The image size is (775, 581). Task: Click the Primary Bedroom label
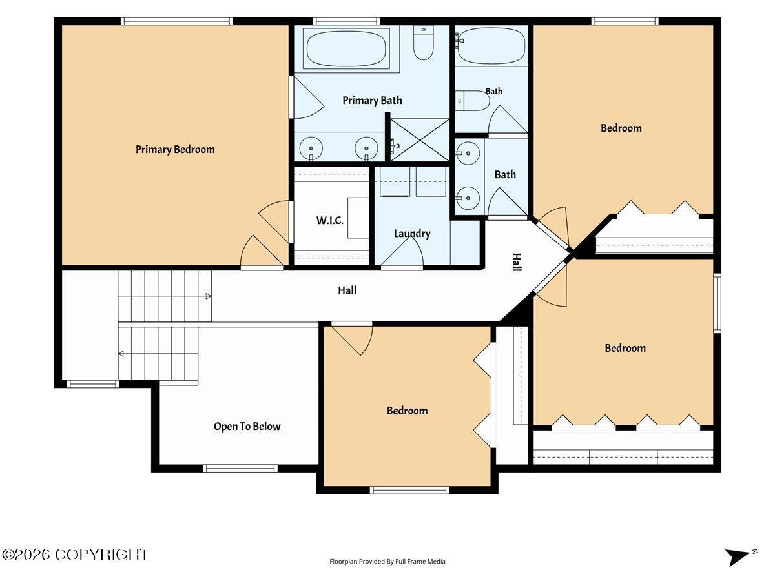click(x=175, y=150)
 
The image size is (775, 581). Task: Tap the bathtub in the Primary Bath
click(x=346, y=48)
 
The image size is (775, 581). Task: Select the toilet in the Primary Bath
click(x=423, y=43)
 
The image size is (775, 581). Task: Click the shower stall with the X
click(x=420, y=140)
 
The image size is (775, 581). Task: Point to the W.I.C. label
click(x=330, y=221)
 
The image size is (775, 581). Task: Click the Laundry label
click(x=412, y=234)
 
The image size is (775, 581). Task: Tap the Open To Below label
click(x=247, y=426)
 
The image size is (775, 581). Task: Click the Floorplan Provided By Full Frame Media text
click(x=387, y=561)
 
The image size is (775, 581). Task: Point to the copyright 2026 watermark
click(x=74, y=555)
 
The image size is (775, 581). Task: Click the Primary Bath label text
click(x=372, y=101)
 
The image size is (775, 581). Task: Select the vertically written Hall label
click(x=517, y=263)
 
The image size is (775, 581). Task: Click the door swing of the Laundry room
click(x=402, y=251)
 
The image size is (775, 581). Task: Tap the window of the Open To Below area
click(x=240, y=469)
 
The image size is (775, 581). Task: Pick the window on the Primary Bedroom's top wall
click(x=177, y=21)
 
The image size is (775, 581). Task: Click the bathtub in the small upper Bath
click(x=491, y=46)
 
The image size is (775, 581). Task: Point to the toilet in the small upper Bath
click(x=472, y=101)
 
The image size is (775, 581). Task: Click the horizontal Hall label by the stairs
click(x=347, y=290)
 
